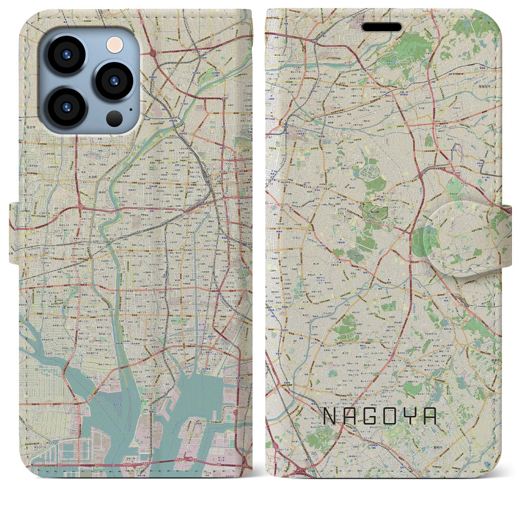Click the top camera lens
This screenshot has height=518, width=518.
point(66,55)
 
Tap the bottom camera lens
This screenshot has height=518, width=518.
point(66,107)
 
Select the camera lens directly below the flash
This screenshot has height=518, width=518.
point(114,80)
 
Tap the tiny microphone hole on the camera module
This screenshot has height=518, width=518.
point(130,108)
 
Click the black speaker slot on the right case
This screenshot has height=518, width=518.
point(382,27)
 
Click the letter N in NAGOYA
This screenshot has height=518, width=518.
point(331,416)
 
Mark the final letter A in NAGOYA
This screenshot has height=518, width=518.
point(430,416)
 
